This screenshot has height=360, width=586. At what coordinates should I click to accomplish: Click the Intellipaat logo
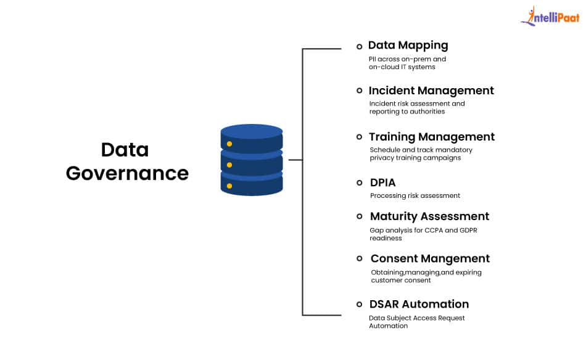tap(550, 16)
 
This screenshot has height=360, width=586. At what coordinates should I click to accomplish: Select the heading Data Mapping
tap(408, 46)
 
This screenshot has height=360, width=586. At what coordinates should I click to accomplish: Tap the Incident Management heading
tap(431, 91)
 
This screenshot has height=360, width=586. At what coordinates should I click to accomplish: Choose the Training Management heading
tap(432, 137)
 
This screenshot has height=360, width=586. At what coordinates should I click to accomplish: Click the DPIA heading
tap(382, 182)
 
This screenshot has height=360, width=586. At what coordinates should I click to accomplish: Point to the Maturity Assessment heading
tap(429, 216)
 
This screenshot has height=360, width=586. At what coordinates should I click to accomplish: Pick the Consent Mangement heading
tap(430, 259)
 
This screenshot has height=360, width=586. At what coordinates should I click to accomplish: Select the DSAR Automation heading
tap(419, 305)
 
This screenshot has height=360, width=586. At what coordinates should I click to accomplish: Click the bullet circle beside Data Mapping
tap(359, 47)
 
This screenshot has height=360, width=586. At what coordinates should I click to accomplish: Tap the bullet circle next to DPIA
tap(359, 182)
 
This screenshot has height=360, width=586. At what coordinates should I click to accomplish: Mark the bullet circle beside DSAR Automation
tap(359, 305)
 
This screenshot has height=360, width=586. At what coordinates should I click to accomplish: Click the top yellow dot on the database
tap(229, 144)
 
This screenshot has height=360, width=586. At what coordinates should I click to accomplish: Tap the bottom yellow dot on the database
tap(229, 186)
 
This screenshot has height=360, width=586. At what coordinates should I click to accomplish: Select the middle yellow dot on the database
tap(229, 165)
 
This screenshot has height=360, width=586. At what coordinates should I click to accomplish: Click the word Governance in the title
tap(128, 174)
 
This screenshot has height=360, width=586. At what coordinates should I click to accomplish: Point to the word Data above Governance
tap(125, 150)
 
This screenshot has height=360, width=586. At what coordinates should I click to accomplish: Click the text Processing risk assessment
tap(415, 195)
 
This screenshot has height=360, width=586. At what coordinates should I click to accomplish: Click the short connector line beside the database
tap(295, 160)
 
